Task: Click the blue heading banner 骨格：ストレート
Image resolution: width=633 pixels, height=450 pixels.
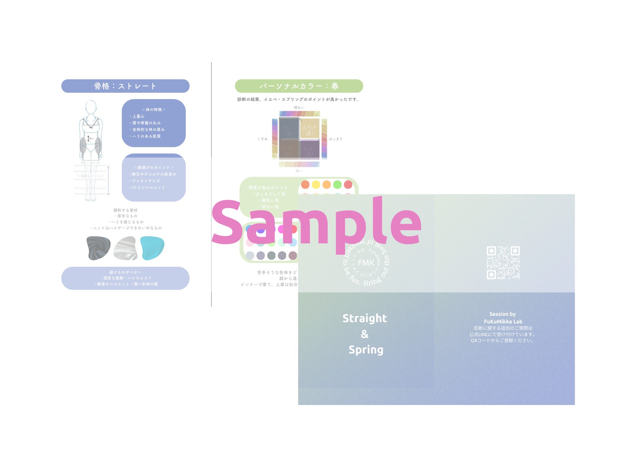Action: coord(125,86)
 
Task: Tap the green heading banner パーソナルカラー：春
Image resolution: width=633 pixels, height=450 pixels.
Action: coord(299,86)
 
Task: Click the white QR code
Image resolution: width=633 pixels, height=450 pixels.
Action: coord(503,263)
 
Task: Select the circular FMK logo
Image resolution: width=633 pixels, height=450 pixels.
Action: coord(366,263)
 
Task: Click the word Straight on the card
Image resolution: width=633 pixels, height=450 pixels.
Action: coord(365,318)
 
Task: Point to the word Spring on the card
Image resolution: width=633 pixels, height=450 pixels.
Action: coord(366,350)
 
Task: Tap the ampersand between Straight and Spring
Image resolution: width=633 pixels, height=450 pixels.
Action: coord(365,334)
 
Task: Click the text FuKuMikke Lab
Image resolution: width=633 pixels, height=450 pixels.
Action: coord(503,322)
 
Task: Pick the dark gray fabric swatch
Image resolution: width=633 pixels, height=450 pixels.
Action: coord(98,248)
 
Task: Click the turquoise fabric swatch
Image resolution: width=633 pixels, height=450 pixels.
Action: coord(152,248)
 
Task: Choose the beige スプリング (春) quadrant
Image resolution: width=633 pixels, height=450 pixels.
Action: coord(310,128)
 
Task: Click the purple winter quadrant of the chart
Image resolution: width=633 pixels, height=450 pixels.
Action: coord(309,149)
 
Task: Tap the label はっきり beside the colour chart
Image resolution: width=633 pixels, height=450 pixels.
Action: coord(335,139)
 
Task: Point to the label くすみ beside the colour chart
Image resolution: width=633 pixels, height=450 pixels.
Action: coord(263,139)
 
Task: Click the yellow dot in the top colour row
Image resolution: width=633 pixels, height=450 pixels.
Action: coord(316,184)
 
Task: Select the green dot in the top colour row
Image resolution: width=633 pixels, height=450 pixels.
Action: coord(337,184)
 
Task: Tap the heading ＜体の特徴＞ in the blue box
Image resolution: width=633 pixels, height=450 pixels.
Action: coord(154,109)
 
